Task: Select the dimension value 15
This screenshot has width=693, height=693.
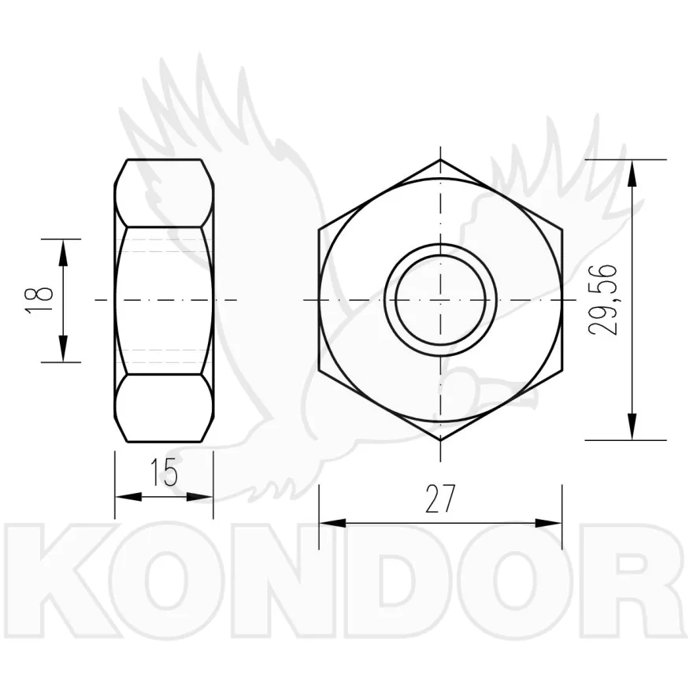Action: click(164, 472)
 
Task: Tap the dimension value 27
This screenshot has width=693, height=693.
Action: click(439, 499)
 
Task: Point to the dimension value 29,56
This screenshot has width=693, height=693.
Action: click(603, 300)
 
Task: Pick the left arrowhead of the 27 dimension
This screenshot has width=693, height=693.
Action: click(332, 523)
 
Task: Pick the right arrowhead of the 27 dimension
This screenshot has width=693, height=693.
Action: click(548, 523)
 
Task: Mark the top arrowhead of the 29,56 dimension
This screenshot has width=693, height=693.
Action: click(633, 173)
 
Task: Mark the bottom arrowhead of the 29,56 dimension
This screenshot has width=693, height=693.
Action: click(633, 427)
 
